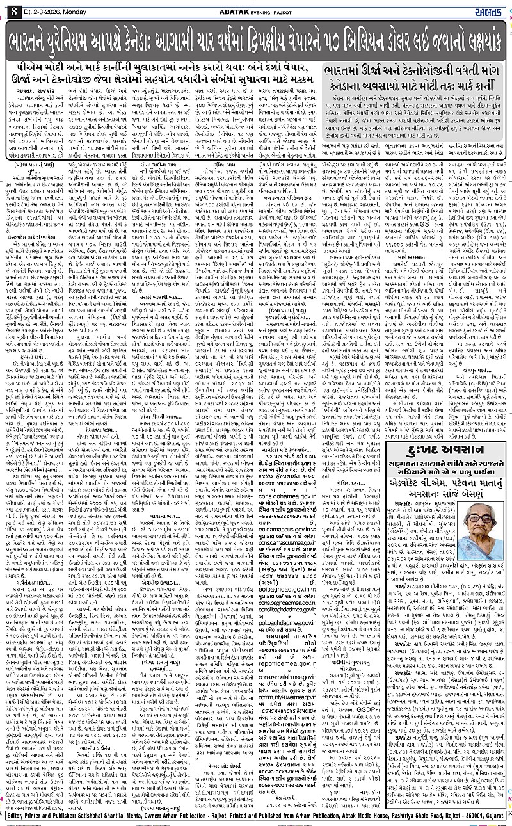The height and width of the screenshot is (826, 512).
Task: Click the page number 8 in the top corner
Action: point(8,7)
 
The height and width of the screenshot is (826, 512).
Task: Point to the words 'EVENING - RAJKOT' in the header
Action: point(280,8)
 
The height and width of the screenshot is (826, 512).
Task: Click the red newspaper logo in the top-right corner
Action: point(492,7)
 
